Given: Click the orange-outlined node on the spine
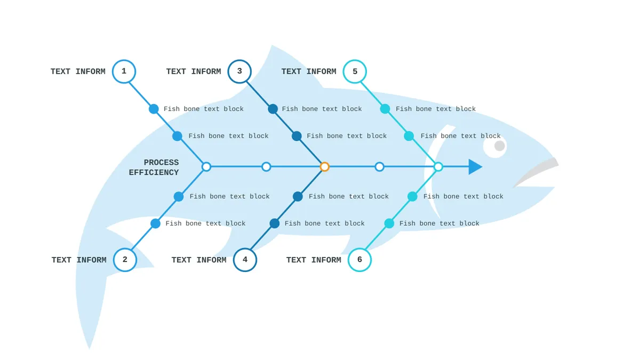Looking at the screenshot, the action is click(x=324, y=166).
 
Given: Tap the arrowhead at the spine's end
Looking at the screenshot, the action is click(x=475, y=167).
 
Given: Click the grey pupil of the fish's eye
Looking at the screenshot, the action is click(x=499, y=146).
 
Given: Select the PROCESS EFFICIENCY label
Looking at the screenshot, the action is click(x=154, y=167).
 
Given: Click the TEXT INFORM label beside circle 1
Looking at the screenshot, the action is click(x=78, y=71).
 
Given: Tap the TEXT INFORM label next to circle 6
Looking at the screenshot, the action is click(x=314, y=260).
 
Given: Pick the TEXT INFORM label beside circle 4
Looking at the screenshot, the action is click(x=199, y=260).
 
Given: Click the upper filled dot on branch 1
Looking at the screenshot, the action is click(x=154, y=109).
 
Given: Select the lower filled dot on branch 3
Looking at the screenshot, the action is click(x=297, y=136).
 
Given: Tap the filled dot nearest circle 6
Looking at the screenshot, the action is click(x=389, y=223).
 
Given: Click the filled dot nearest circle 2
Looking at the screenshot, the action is click(x=155, y=223).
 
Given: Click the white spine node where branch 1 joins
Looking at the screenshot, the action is click(x=206, y=166).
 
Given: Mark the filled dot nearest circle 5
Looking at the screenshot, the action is click(x=385, y=109).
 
